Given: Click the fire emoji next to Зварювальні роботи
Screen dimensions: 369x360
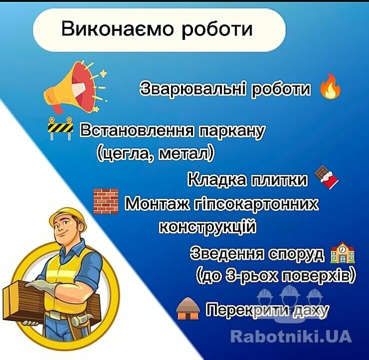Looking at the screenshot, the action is click(x=330, y=86).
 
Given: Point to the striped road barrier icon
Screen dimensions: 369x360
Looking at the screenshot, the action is click(x=60, y=128).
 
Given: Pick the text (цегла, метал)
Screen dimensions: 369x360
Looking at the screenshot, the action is click(x=156, y=154).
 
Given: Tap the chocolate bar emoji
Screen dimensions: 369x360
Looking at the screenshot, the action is click(x=326, y=176).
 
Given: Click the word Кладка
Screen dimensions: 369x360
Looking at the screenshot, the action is click(x=217, y=179).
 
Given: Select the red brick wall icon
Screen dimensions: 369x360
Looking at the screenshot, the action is click(x=106, y=201).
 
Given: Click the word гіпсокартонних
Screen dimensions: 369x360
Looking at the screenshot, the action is click(x=256, y=204).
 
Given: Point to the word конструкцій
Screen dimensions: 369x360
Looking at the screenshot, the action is click(x=207, y=226).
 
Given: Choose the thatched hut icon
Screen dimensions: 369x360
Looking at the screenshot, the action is click(x=188, y=308).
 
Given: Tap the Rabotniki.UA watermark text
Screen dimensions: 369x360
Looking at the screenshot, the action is click(x=291, y=336).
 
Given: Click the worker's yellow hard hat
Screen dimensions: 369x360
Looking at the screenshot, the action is click(x=68, y=217).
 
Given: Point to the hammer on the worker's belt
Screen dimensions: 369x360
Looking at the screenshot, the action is click(x=82, y=319).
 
